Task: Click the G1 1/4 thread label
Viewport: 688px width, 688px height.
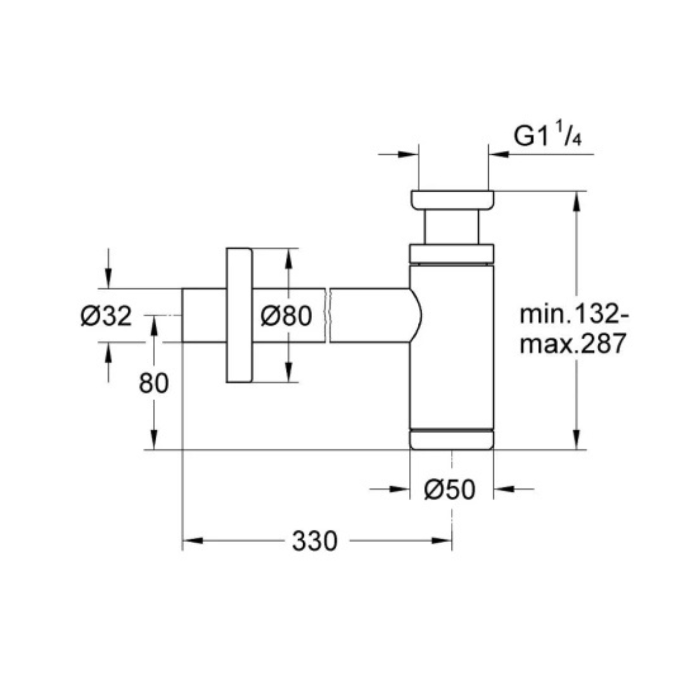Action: click(x=547, y=134)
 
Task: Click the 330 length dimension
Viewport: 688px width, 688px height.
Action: click(x=314, y=540)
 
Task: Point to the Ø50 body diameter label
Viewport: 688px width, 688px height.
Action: click(x=450, y=489)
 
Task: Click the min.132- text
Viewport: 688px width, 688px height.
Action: click(x=573, y=314)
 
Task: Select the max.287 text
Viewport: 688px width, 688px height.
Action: click(x=573, y=343)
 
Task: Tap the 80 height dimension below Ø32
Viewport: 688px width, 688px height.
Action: click(x=154, y=383)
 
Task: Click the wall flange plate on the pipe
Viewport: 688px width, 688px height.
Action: click(x=239, y=315)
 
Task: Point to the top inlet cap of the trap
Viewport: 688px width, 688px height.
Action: click(x=452, y=200)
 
